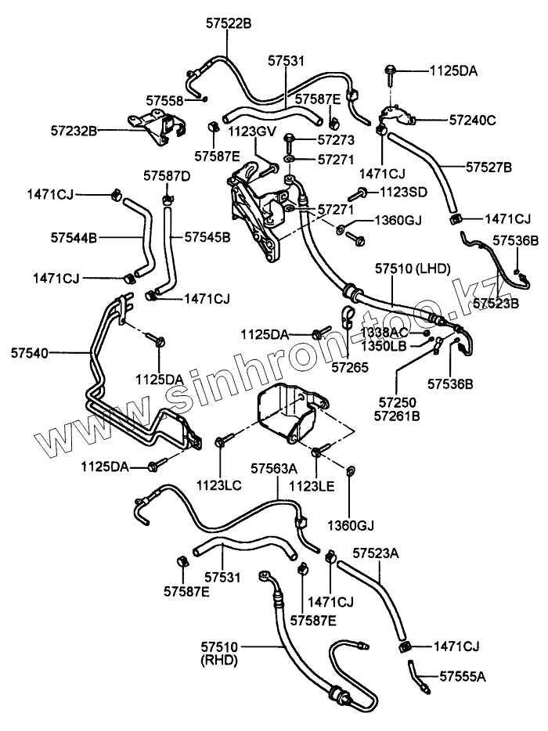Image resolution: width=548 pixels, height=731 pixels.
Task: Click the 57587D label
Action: (167, 175)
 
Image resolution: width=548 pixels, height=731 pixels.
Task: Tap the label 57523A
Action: (376, 553)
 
